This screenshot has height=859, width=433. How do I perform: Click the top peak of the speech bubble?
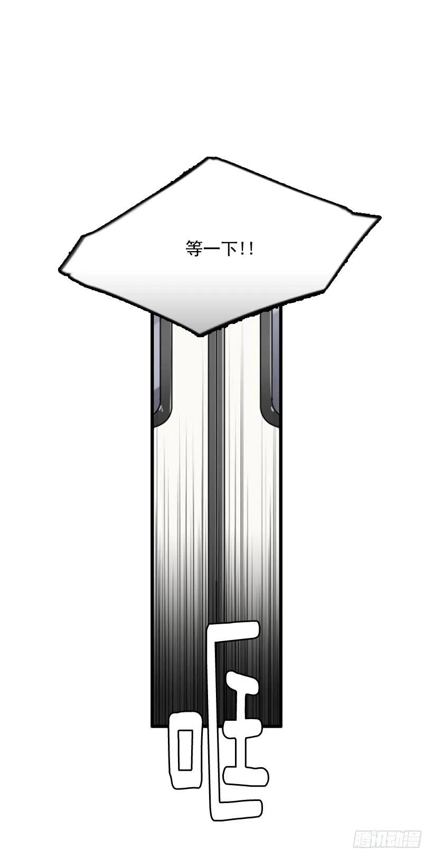[209, 158]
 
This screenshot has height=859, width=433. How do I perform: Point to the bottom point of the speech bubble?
[200, 336]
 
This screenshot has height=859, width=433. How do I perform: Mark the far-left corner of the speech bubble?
[59, 270]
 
